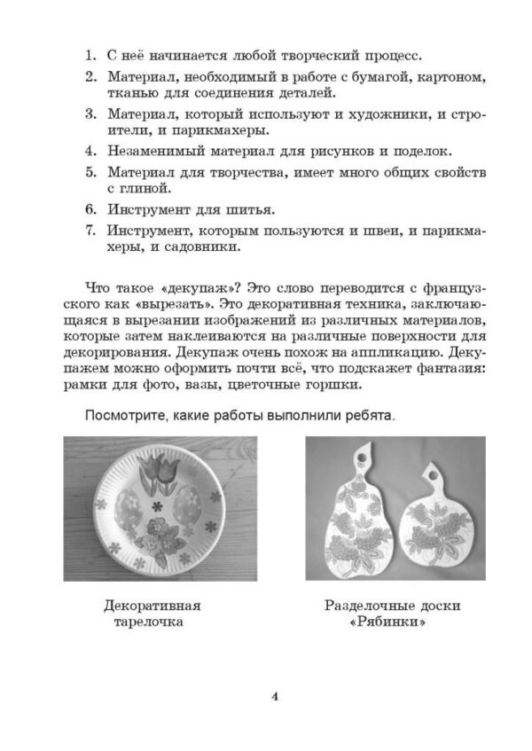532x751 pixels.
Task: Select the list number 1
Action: tap(90, 58)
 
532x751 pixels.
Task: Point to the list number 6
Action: tap(90, 210)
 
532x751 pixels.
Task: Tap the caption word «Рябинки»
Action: tap(394, 623)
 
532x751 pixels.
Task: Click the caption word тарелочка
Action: tap(152, 623)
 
